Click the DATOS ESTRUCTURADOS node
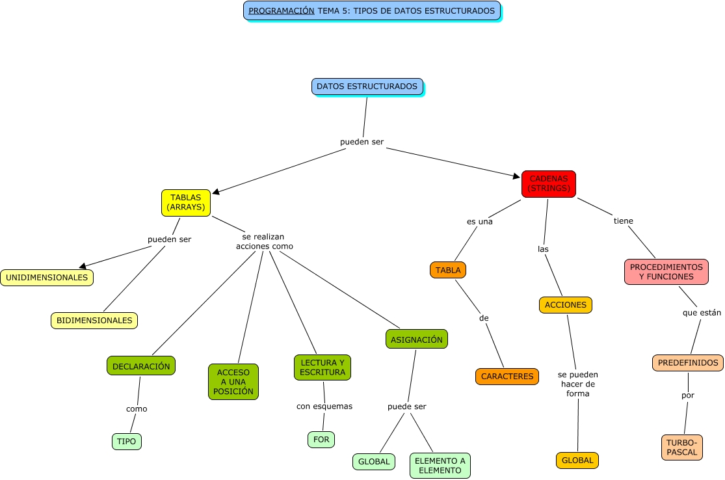click(x=367, y=87)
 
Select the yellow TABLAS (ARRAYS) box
click(x=186, y=202)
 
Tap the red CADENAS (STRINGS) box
click(x=548, y=183)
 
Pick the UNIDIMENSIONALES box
click(x=47, y=278)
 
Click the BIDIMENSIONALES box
click(x=94, y=320)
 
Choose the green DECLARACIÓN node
click(x=141, y=366)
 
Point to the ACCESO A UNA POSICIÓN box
click(x=233, y=382)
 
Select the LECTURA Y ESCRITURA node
click(x=323, y=367)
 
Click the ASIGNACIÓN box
click(x=416, y=340)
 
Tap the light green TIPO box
click(x=127, y=442)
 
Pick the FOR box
click(x=321, y=440)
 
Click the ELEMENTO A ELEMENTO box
click(x=440, y=466)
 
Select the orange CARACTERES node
click(x=507, y=376)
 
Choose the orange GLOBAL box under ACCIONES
click(x=577, y=460)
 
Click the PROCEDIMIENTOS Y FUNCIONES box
click(x=666, y=272)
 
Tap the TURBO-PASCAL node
click(x=681, y=447)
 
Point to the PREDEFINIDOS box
click(x=687, y=363)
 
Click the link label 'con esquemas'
click(x=324, y=407)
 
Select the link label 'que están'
click(x=702, y=313)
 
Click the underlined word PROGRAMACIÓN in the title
click(x=281, y=11)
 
